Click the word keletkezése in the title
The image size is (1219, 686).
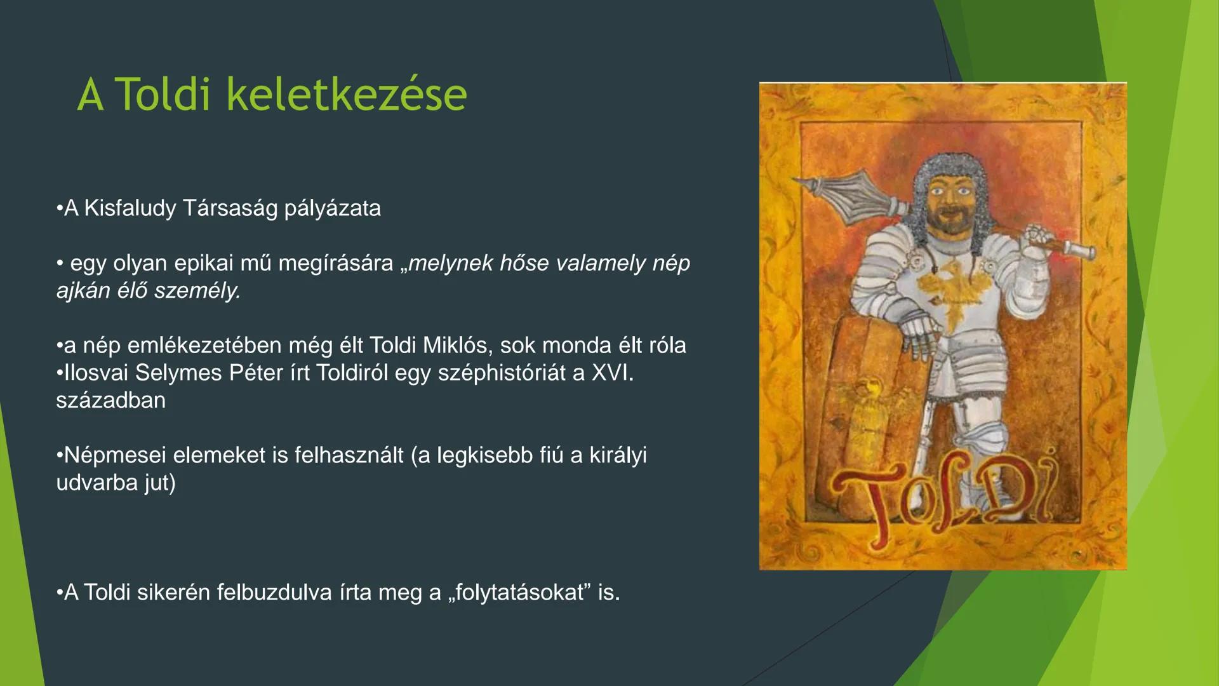point(347,95)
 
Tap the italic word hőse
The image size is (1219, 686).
point(524,263)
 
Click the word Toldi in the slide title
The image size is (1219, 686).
point(164,95)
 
